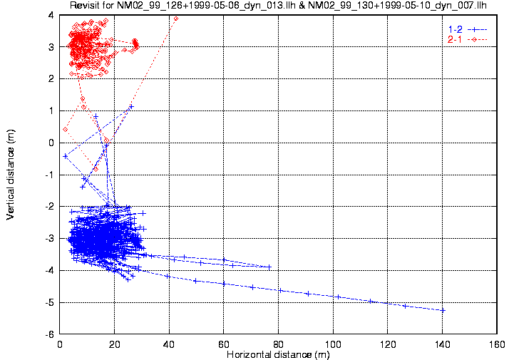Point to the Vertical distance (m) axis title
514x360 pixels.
point(11,174)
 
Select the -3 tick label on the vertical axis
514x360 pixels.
point(49,239)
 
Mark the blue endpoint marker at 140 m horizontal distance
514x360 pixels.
point(443,310)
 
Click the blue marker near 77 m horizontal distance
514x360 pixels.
point(269,267)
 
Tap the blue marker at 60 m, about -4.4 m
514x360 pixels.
point(224,283)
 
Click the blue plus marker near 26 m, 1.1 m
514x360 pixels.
point(131,107)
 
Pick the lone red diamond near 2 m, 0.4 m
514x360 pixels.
point(65,129)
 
